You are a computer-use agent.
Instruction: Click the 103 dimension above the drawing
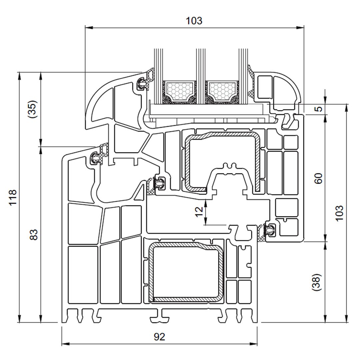[x=194, y=21]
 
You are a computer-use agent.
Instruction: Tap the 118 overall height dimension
[x=12, y=197]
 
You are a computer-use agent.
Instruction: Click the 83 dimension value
[x=34, y=235]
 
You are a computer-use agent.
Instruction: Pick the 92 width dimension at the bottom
[x=159, y=337]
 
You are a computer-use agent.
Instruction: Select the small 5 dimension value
[x=319, y=109]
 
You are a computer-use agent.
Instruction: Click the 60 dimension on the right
[x=319, y=178]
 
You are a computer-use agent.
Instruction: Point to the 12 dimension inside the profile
[x=199, y=211]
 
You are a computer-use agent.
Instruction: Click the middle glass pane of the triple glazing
[x=200, y=67]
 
